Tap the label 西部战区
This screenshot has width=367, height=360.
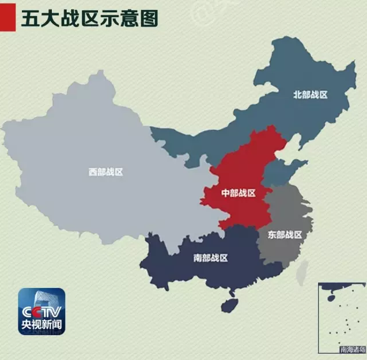106,171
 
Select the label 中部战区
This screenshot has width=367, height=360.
238,193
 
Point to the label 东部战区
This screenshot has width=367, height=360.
285,234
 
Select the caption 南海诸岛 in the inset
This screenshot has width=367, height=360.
351,349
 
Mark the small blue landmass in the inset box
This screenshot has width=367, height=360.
332,298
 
